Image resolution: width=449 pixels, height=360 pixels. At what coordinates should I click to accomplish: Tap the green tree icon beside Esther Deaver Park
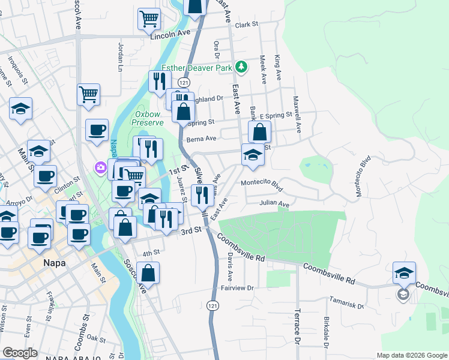tap(241, 67)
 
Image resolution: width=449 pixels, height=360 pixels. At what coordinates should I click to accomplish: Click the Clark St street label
tap(246, 25)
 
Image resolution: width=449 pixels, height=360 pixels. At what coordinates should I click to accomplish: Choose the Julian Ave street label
tap(274, 204)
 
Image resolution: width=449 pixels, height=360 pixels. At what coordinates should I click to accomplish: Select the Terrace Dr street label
tap(297, 326)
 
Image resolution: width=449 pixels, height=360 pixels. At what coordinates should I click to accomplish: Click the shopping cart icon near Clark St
tap(149, 19)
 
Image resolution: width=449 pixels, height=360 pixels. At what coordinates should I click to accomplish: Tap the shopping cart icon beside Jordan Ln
tap(88, 94)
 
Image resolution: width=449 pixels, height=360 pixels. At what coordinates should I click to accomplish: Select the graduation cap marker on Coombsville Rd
tap(405, 272)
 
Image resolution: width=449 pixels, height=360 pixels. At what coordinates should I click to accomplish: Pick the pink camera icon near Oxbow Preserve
tap(100, 167)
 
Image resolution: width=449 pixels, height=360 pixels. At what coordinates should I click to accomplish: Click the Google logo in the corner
tap(20, 353)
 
